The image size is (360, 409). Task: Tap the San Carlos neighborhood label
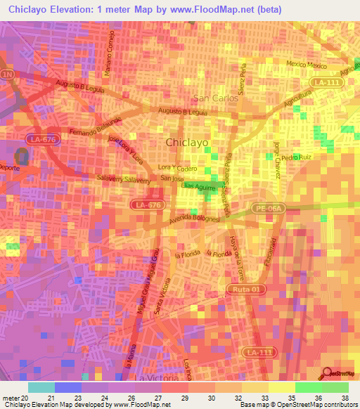pos(215,98)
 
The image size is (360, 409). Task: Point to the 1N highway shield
pos(6,72)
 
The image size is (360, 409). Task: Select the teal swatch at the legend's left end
pos(41,387)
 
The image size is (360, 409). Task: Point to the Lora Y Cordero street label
pos(177,168)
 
